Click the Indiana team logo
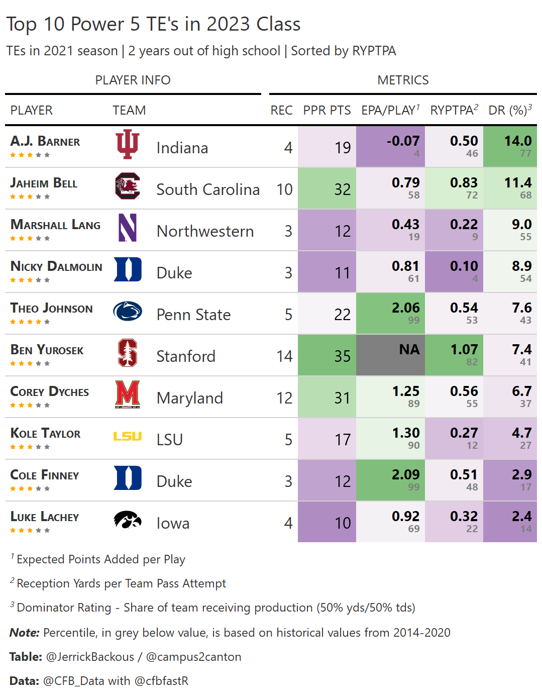tap(128, 144)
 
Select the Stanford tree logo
tap(128, 353)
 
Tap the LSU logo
tap(128, 437)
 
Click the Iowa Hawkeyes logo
tap(128, 520)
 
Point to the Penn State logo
tap(128, 312)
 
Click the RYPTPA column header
tap(454, 110)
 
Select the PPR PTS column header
tap(327, 110)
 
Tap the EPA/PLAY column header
tap(390, 110)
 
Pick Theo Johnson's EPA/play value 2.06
tap(405, 308)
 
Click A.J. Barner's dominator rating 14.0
tap(517, 141)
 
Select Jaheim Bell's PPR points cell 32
tap(342, 189)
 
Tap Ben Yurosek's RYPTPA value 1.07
tap(464, 350)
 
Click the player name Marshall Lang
tap(55, 225)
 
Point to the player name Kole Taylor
tap(45, 434)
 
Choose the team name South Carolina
tap(208, 189)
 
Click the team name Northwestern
tap(205, 231)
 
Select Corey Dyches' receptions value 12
tap(284, 398)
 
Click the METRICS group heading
tap(403, 80)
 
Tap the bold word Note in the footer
tap(24, 633)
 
